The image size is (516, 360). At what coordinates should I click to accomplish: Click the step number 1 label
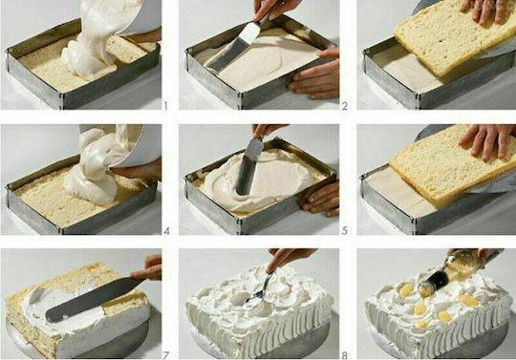coord(165,106)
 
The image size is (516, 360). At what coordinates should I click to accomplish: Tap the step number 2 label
coord(345,106)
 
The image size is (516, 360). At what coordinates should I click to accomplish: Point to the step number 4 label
coord(166,231)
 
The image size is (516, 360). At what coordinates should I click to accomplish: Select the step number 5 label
coord(345,231)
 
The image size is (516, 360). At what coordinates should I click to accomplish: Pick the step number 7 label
coord(166,355)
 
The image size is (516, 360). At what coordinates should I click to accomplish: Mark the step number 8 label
coord(345,355)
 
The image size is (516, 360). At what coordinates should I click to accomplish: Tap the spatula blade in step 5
coord(247,167)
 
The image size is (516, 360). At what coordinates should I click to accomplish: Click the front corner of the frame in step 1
coord(61,98)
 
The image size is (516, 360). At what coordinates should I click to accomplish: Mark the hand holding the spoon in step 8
coord(290,258)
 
